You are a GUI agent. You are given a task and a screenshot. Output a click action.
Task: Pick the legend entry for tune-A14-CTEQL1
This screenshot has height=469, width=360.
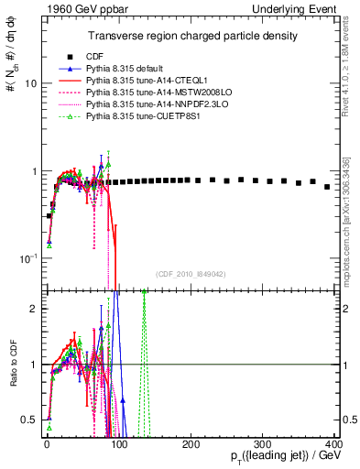click(x=146, y=81)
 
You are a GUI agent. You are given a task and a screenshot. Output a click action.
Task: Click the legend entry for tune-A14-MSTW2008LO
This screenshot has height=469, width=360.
click(x=152, y=93)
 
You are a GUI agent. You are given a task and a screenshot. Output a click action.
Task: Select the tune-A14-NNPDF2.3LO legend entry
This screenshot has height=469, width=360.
click(x=151, y=105)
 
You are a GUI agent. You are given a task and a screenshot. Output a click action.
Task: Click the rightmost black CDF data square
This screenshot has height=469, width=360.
click(x=327, y=187)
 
